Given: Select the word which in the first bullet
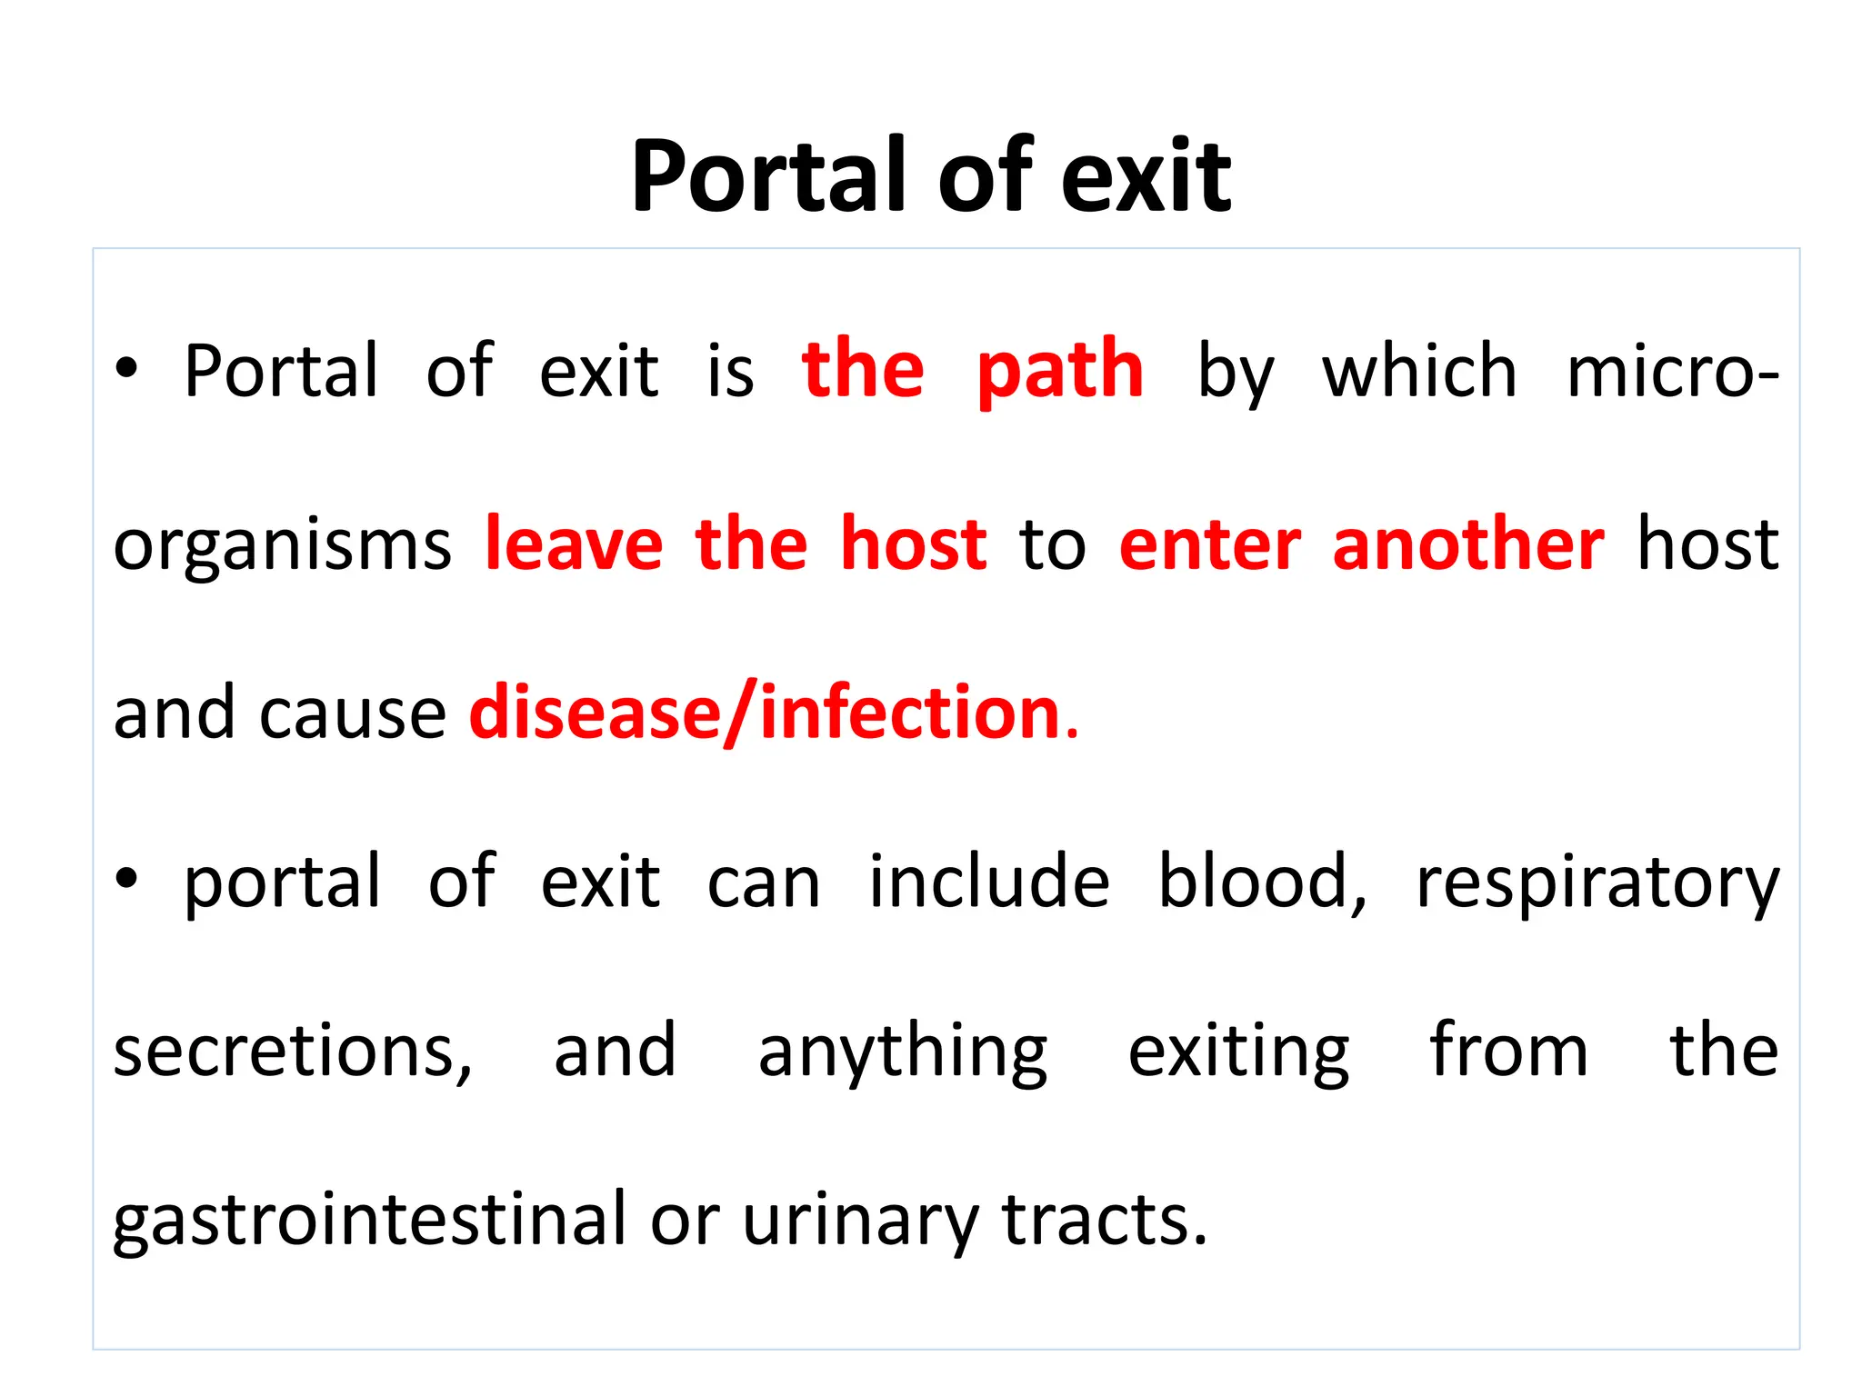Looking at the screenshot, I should coord(1419,371).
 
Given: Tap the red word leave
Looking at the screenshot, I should coord(574,543).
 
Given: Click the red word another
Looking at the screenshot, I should coord(1468,543).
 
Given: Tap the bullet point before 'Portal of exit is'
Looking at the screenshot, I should coord(126,369).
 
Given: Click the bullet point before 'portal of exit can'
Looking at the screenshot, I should coord(126,879).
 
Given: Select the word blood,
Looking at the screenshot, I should coord(1262,881).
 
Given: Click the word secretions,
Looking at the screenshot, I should coord(293,1051).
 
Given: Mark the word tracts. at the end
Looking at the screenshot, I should coord(1104,1219).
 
